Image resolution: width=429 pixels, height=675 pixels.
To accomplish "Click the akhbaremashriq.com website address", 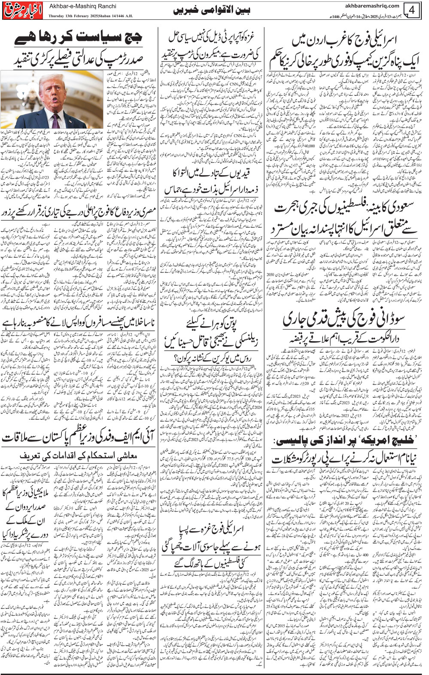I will tap(372, 6).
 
